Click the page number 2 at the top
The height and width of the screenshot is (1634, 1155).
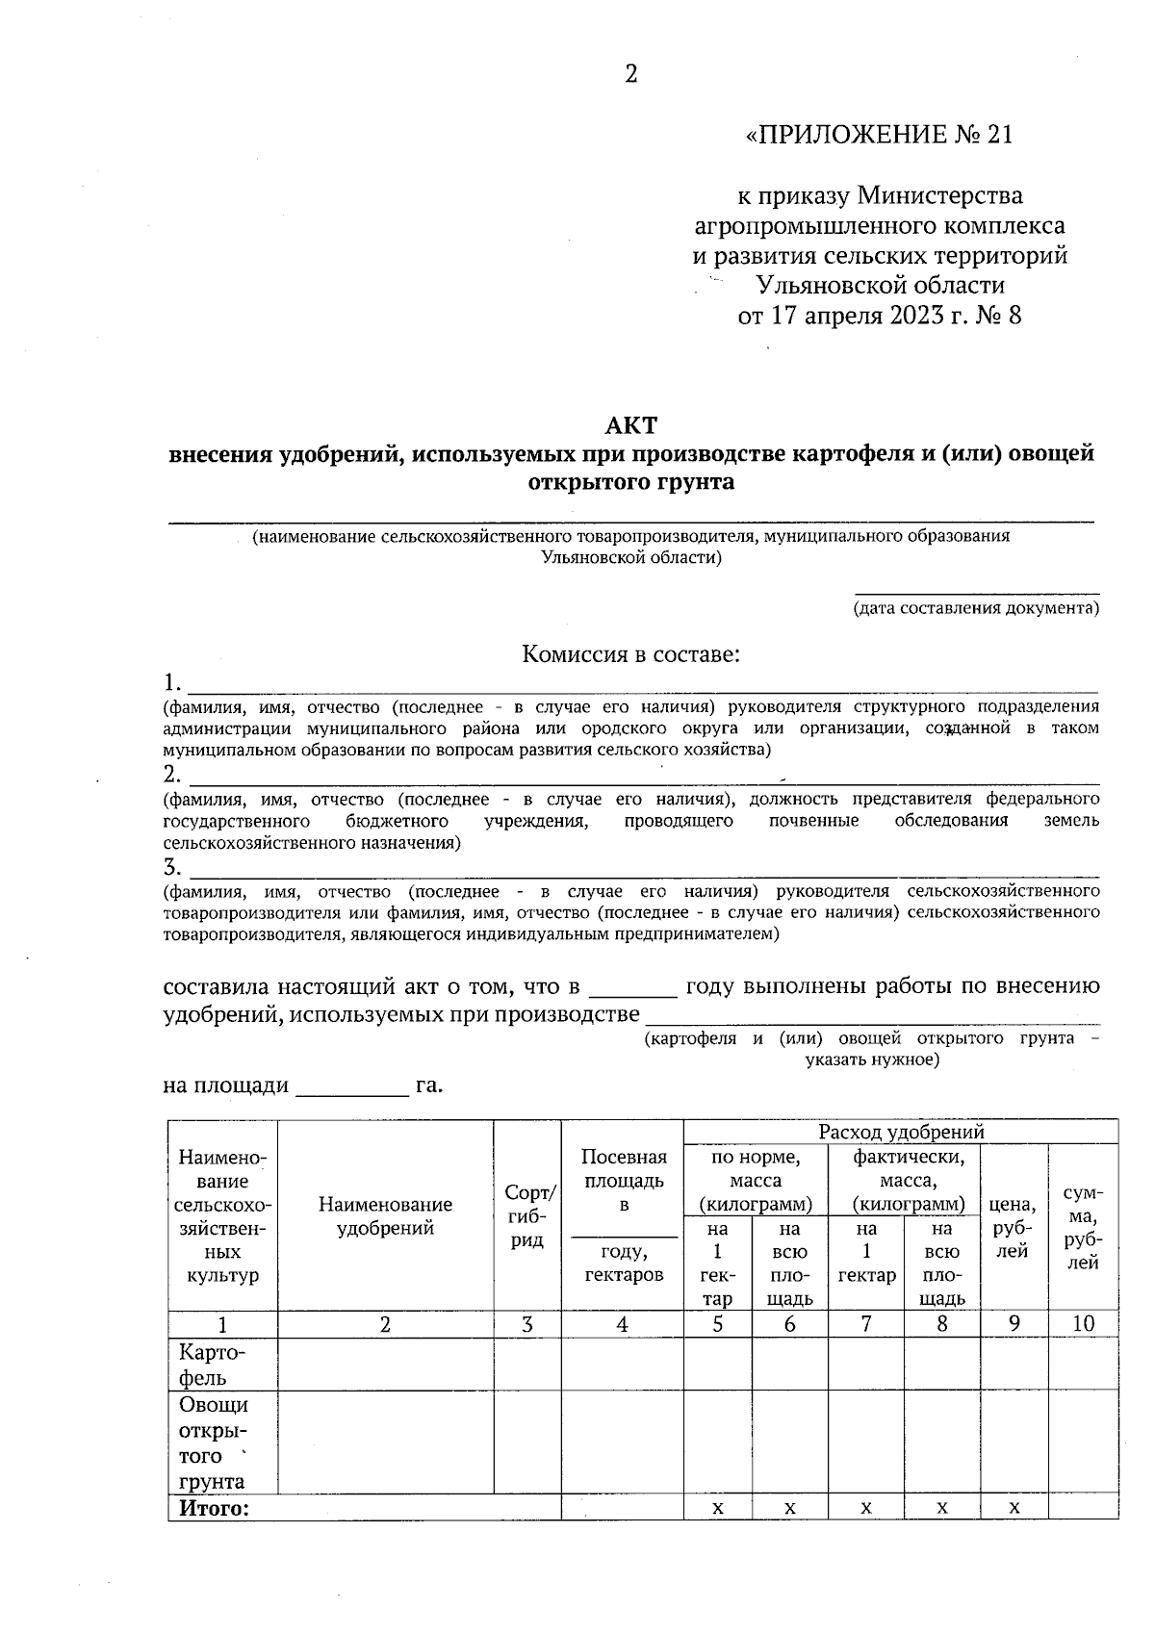point(631,74)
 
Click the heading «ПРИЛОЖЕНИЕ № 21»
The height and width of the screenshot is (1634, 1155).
point(880,135)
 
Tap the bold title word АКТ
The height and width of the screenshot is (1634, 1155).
point(631,424)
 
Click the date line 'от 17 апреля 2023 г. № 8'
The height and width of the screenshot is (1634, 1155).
point(880,315)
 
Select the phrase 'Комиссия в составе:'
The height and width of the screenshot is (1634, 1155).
point(631,655)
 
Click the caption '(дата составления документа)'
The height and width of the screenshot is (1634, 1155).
point(976,608)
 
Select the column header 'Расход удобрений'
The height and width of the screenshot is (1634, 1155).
point(900,1132)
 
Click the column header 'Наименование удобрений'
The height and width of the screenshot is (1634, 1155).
point(385,1216)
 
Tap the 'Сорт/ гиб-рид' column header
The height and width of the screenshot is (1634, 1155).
point(527,1216)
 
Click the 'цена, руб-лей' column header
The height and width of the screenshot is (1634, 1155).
point(1013,1228)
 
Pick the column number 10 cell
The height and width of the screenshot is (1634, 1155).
point(1083,1324)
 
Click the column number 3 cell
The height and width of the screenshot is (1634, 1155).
point(527,1324)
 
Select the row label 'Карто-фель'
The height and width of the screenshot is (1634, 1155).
point(212,1365)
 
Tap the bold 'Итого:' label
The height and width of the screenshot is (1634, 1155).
point(214,1508)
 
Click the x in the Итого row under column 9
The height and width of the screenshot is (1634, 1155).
point(1014,1508)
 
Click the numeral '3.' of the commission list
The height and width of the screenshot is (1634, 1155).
point(172,867)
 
